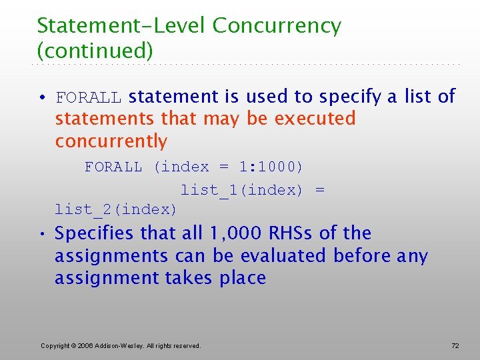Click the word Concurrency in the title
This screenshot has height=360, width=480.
[x=277, y=26]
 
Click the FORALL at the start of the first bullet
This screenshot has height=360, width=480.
[x=89, y=98]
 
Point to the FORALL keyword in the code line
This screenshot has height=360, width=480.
[x=113, y=167]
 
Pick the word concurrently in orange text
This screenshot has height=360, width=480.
[x=111, y=141]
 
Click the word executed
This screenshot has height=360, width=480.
[x=315, y=119]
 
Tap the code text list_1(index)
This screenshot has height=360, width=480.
[x=241, y=190]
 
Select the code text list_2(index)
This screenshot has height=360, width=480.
[x=116, y=209]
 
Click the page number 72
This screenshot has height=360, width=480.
[x=455, y=345]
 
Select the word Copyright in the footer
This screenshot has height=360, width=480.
[x=55, y=345]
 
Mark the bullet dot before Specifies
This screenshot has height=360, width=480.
[x=42, y=234]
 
